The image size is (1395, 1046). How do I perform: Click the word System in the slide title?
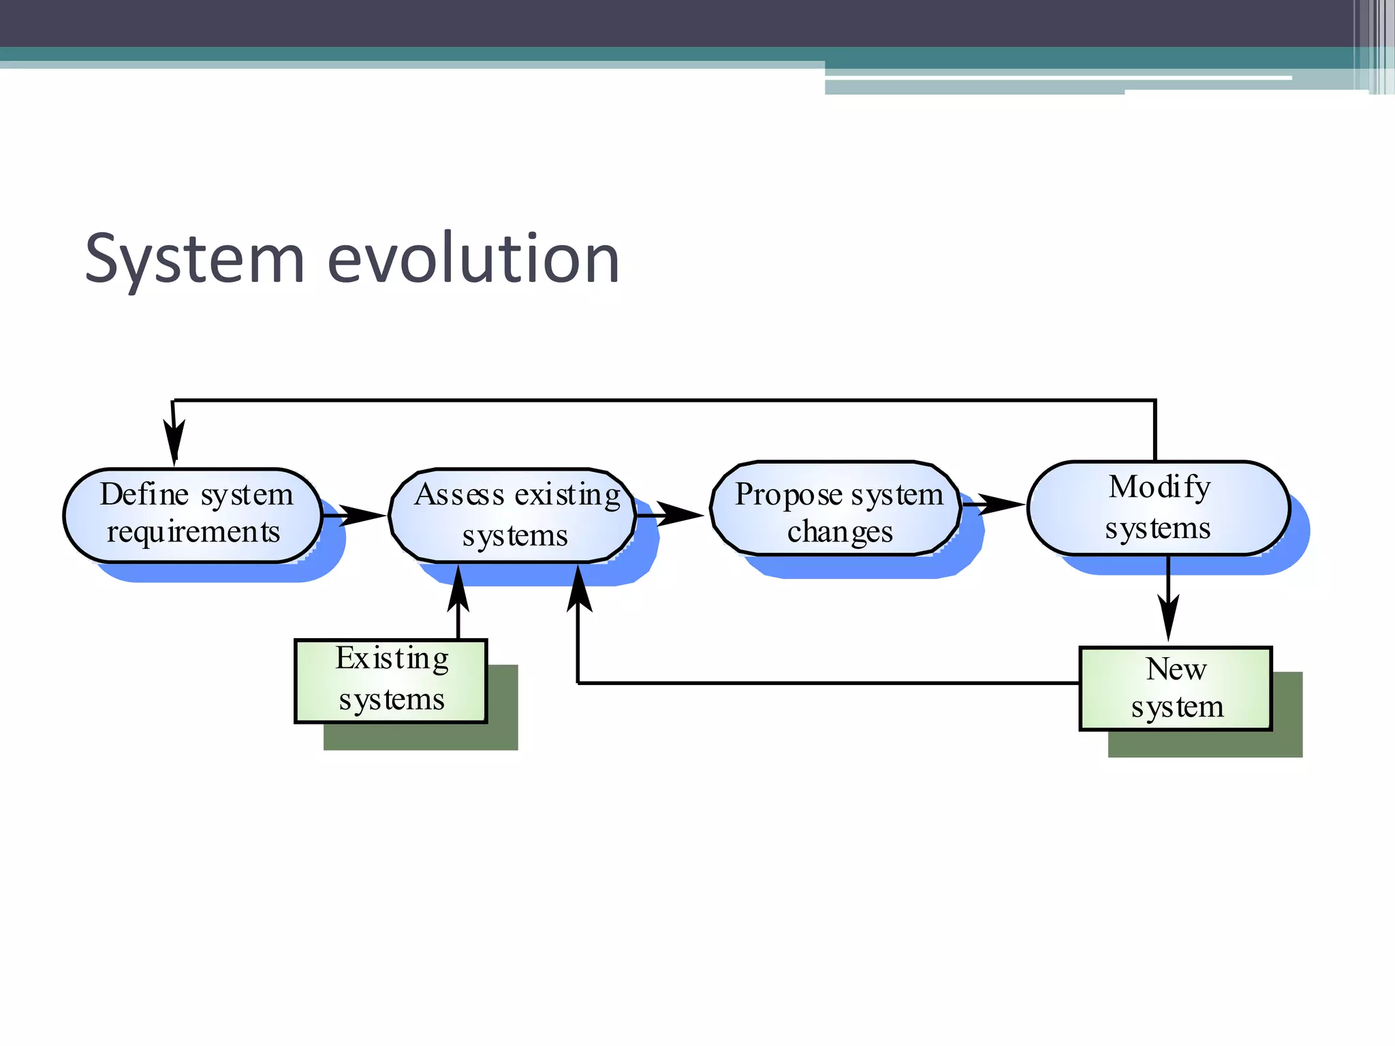(x=195, y=259)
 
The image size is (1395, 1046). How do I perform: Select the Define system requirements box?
(x=193, y=515)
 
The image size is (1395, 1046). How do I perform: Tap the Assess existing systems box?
(x=512, y=515)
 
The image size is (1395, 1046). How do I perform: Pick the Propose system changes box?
(x=835, y=509)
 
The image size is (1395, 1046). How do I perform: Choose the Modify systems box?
(x=1158, y=508)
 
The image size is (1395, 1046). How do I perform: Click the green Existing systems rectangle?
(x=391, y=680)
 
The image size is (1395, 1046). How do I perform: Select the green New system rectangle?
(x=1176, y=688)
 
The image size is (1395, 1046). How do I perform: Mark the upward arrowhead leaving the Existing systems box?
(x=458, y=590)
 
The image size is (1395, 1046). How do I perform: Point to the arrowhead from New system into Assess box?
(x=579, y=590)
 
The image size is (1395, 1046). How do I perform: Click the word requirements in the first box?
(x=193, y=532)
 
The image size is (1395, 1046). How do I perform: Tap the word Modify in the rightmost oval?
(x=1159, y=488)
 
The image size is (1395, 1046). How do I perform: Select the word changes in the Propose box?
(x=839, y=532)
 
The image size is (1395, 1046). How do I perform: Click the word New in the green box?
(x=1176, y=669)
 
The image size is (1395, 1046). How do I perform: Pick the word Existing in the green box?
(x=392, y=659)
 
